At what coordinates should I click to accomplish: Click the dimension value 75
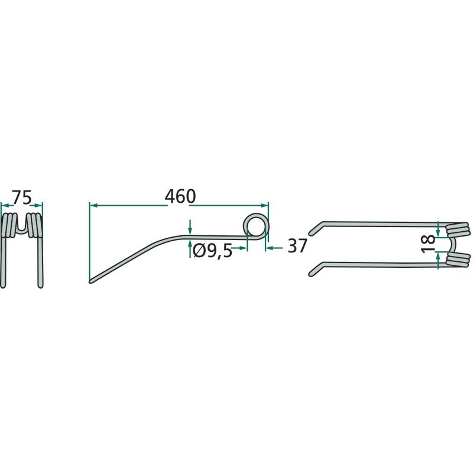pyautogui.click(x=21, y=197)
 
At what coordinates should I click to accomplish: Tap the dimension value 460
pyautogui.click(x=180, y=196)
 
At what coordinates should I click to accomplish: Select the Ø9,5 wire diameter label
pyautogui.click(x=212, y=251)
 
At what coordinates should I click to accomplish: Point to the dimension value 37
pyautogui.click(x=297, y=245)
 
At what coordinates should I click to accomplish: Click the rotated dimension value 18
pyautogui.click(x=428, y=244)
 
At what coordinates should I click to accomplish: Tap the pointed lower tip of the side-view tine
pyautogui.click(x=90, y=281)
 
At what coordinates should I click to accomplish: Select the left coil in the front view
pyautogui.click(x=8, y=225)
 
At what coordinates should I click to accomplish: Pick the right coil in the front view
pyautogui.click(x=35, y=225)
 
